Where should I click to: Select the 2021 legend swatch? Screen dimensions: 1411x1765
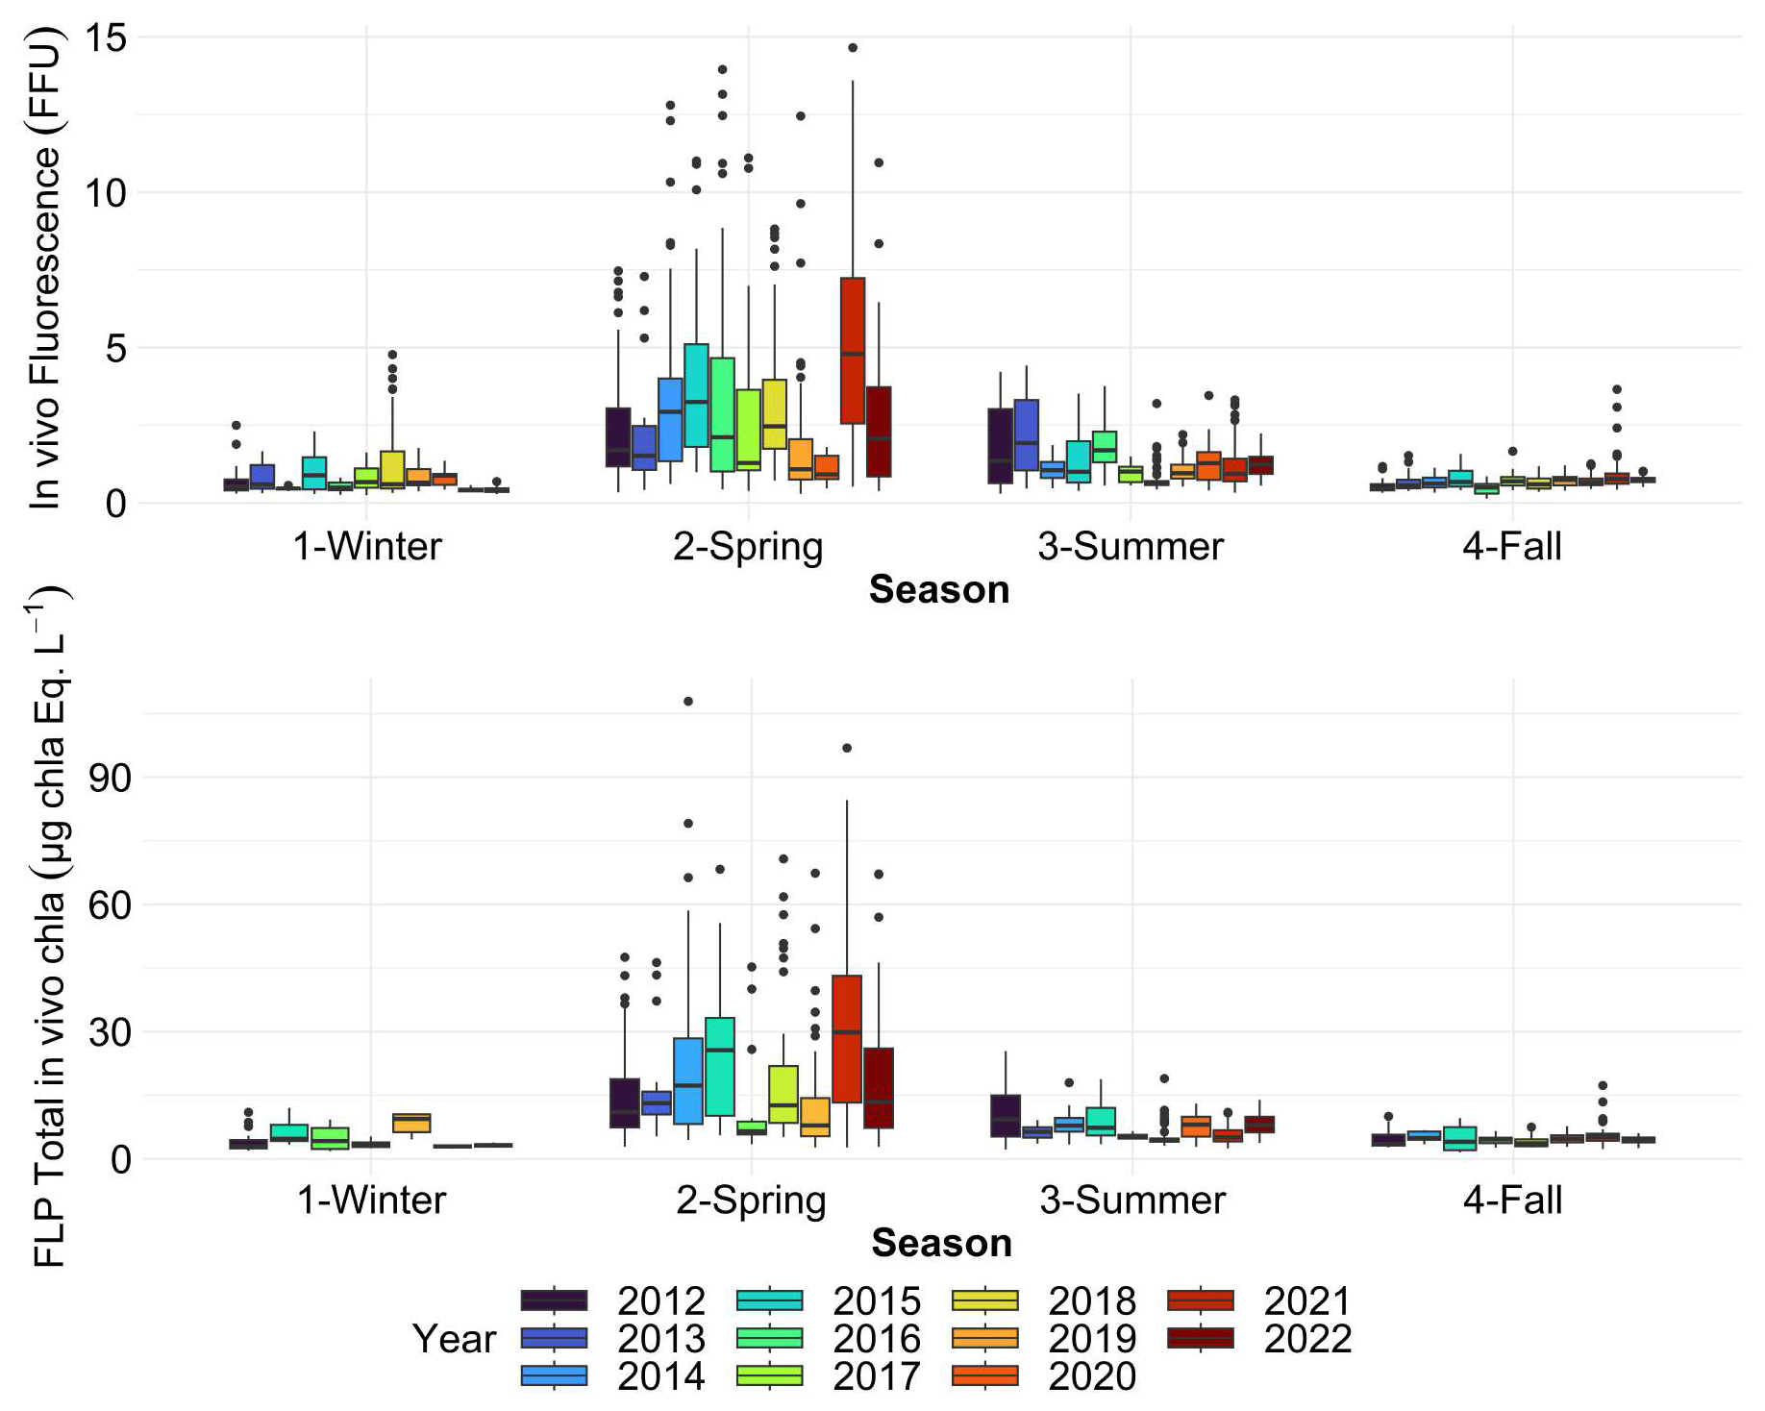(x=1200, y=1300)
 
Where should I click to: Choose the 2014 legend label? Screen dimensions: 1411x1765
(x=660, y=1375)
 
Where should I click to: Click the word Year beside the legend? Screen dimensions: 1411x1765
(x=454, y=1338)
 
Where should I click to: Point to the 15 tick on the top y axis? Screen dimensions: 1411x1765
(x=106, y=38)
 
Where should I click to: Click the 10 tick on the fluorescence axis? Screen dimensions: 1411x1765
(x=106, y=193)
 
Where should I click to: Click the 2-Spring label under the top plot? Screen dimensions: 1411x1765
(x=748, y=547)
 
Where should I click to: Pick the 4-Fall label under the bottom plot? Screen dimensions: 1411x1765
(x=1512, y=1200)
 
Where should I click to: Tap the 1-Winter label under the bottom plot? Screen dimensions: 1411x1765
(x=371, y=1200)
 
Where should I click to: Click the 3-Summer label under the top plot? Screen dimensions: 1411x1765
(x=1131, y=547)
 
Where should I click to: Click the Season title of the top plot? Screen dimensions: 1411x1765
(x=939, y=589)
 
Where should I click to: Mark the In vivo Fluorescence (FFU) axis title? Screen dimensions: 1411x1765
(x=44, y=269)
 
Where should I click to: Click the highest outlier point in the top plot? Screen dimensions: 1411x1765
(x=852, y=47)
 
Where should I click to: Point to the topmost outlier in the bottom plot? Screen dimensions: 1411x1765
(x=688, y=702)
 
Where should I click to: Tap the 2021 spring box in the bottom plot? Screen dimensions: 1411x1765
(x=847, y=1038)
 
